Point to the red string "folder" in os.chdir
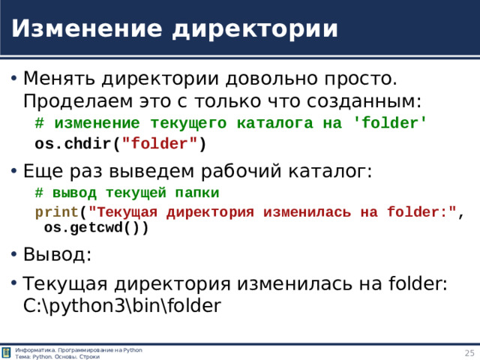160,143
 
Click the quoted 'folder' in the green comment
389,122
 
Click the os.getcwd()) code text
96,228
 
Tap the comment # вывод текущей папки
127,192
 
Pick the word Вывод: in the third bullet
58,254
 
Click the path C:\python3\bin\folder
122,305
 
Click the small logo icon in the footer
7,353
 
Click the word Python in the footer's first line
133,350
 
